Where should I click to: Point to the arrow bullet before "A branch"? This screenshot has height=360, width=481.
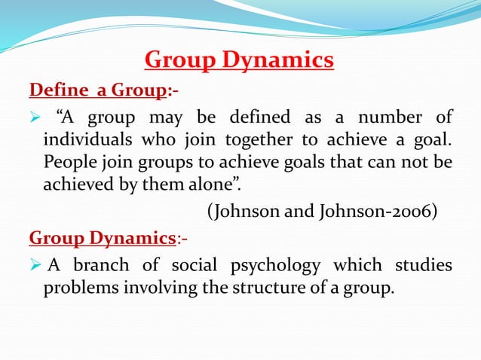tap(35, 267)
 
